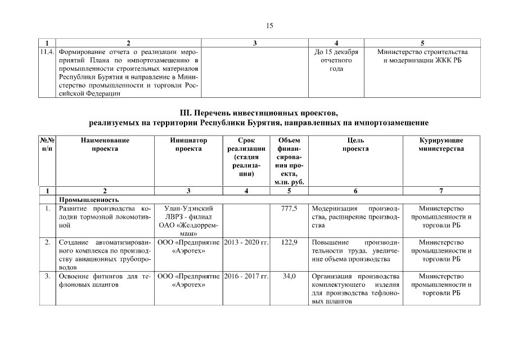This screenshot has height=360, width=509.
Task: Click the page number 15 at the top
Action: [269, 26]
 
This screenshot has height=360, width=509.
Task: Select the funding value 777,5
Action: [289, 209]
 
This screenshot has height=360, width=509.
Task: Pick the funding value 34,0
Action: [289, 276]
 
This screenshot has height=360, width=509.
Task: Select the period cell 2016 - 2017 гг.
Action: [246, 276]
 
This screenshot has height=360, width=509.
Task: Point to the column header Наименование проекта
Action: [105, 145]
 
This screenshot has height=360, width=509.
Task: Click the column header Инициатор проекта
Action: [188, 145]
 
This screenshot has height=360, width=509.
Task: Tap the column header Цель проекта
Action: [355, 145]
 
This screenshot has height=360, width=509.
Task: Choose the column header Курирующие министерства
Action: [441, 145]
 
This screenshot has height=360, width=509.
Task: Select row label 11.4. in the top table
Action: [48, 52]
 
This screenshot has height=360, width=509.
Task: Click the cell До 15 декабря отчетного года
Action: [336, 60]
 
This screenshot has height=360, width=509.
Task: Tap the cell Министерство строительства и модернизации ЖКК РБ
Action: [422, 56]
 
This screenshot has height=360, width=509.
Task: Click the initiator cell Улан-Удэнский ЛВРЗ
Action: [188, 213]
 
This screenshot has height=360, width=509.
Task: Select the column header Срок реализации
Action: [246, 145]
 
